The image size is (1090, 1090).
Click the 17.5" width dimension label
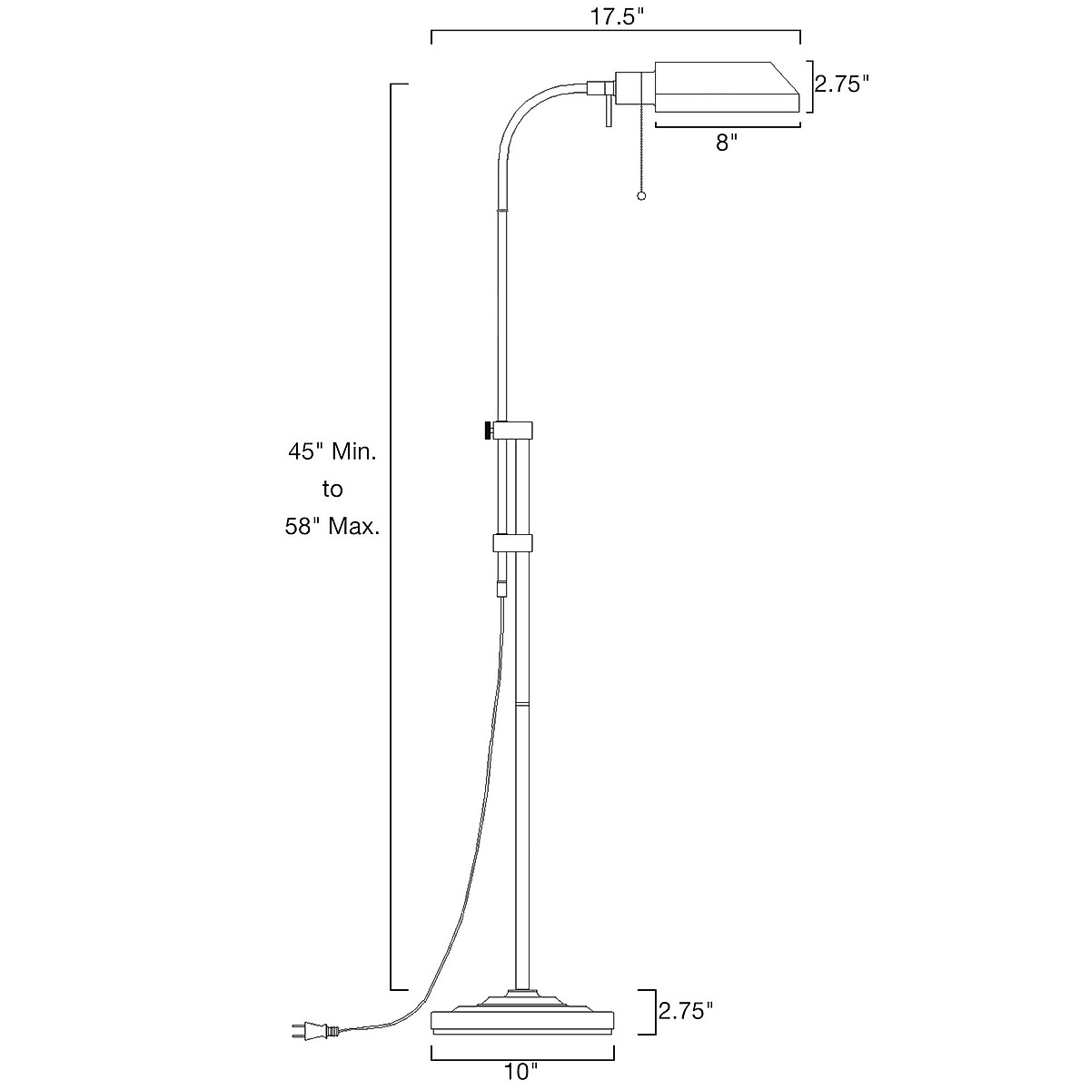coord(615,16)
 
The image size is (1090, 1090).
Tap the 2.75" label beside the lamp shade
coord(841,84)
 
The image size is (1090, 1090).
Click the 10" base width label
coord(521,1071)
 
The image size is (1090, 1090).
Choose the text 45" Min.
coord(332,451)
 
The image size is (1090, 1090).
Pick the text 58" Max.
coord(332,526)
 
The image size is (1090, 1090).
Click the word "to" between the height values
coord(332,489)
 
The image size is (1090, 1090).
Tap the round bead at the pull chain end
coord(642,197)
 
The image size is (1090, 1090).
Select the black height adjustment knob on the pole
coord(489,430)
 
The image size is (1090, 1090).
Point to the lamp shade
coord(727,88)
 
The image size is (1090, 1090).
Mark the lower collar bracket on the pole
coord(512,543)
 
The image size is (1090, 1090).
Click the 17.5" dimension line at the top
coord(615,33)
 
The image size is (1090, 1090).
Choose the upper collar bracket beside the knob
coord(513,430)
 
